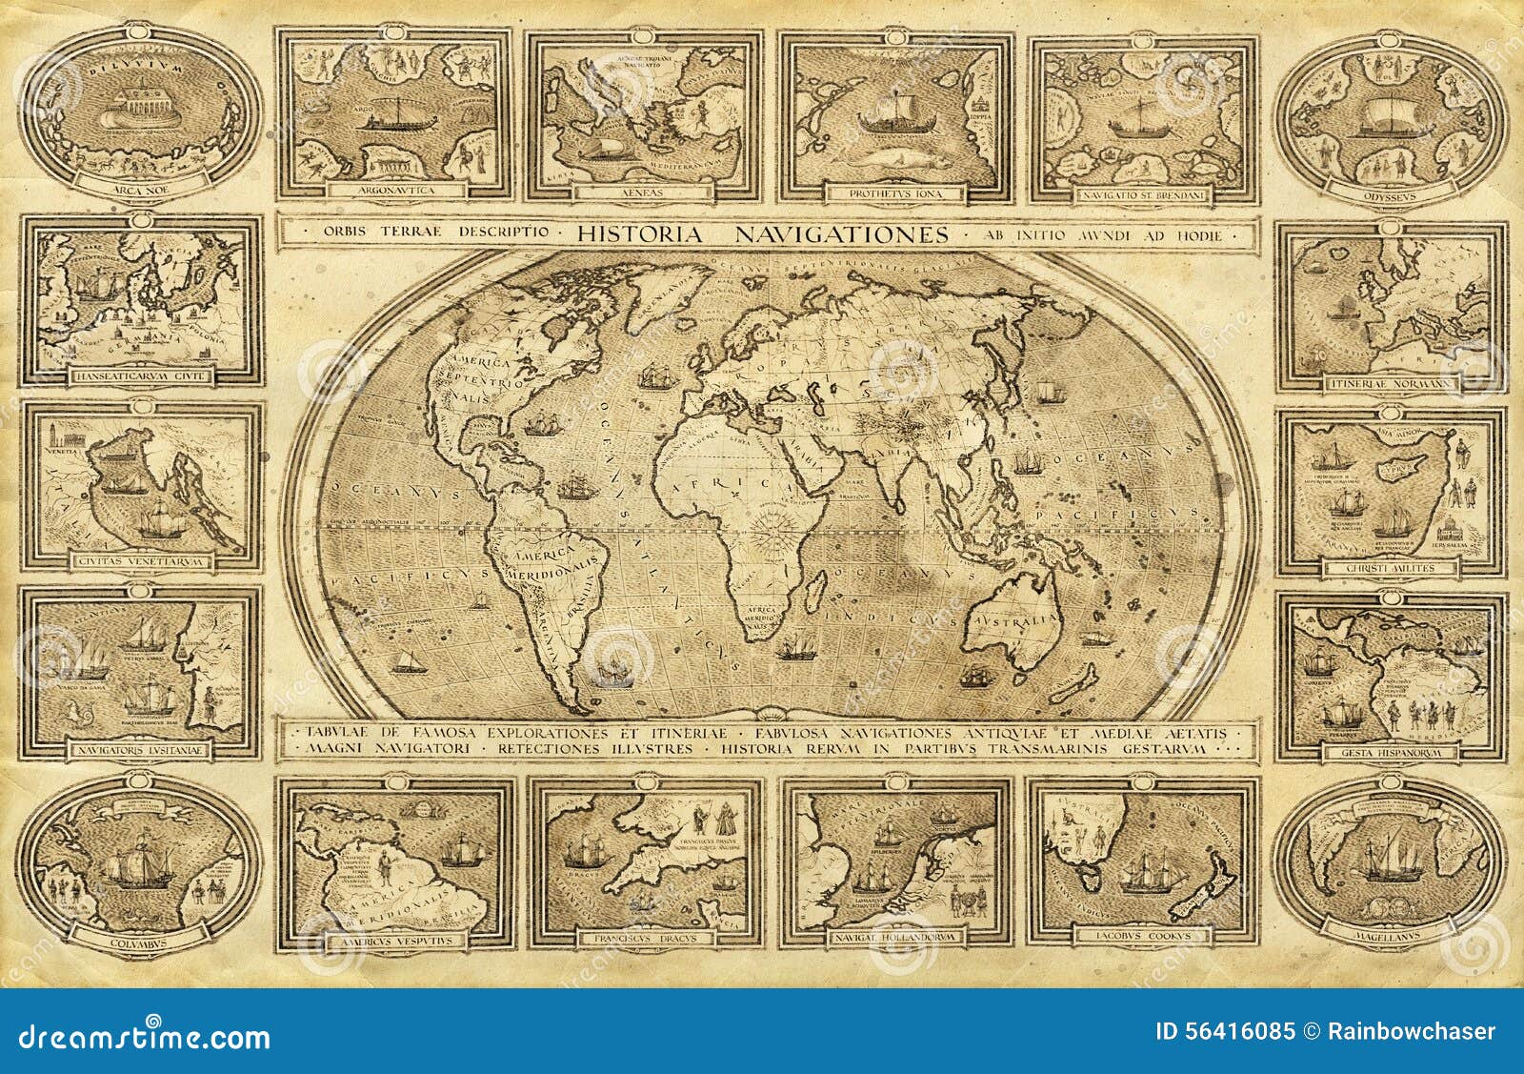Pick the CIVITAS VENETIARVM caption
coord(141,561)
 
